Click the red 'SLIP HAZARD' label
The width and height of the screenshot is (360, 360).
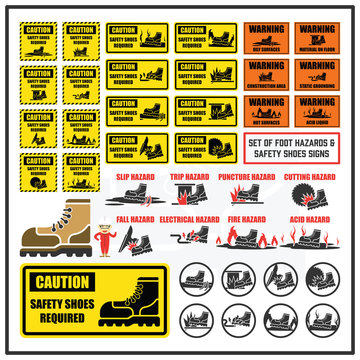134,177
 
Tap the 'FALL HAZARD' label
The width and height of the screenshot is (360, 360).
134,217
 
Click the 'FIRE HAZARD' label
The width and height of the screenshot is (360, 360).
247,217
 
